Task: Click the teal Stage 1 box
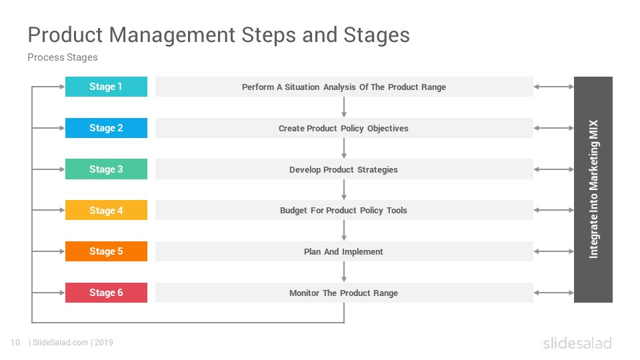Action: (x=106, y=87)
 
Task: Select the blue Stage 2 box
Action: (x=106, y=128)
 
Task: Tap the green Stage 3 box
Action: (x=106, y=169)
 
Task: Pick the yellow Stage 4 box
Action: (x=106, y=210)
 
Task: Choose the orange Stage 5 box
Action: (x=106, y=251)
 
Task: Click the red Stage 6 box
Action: (x=106, y=293)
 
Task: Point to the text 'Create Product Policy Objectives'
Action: (x=343, y=129)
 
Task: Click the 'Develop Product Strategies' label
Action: (x=343, y=170)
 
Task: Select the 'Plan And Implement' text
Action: (x=343, y=252)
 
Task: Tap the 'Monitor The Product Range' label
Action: (x=343, y=293)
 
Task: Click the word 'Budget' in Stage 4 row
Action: (x=293, y=211)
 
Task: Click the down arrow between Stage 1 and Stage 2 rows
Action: (x=344, y=107)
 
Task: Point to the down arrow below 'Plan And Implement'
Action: (x=344, y=272)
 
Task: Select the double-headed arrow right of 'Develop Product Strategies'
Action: (x=554, y=169)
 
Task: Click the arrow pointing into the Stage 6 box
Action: (x=49, y=293)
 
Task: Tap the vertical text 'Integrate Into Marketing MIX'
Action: (x=593, y=189)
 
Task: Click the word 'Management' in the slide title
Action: (x=172, y=35)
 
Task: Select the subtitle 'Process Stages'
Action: (x=63, y=57)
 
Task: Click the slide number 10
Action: (x=15, y=343)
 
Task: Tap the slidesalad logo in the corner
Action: (x=577, y=343)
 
